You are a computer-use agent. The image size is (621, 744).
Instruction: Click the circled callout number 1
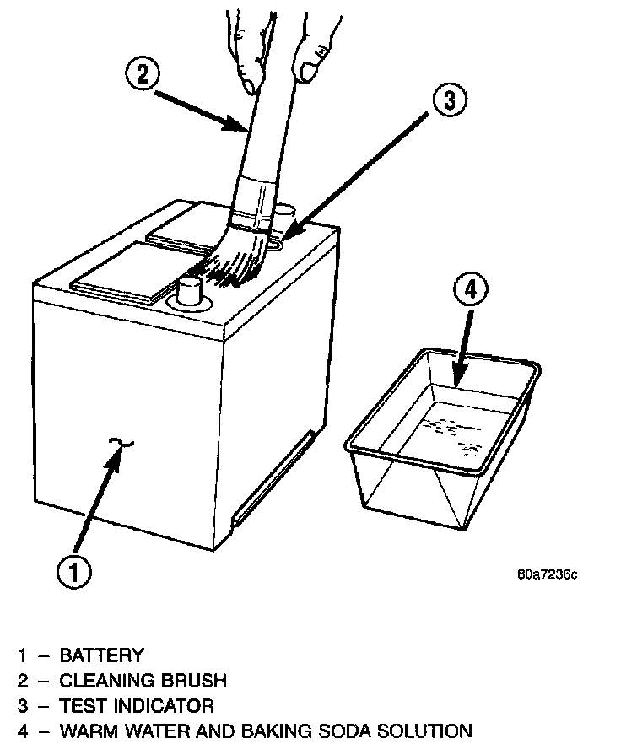click(73, 572)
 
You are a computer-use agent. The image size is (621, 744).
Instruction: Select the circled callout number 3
click(448, 100)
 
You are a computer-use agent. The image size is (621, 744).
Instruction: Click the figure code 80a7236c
click(547, 574)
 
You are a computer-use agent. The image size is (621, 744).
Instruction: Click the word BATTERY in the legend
click(101, 655)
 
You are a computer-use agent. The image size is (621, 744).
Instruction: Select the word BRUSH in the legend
click(196, 680)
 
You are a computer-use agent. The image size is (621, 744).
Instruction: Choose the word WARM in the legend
click(86, 731)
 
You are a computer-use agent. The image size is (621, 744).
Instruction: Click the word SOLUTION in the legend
click(428, 731)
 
